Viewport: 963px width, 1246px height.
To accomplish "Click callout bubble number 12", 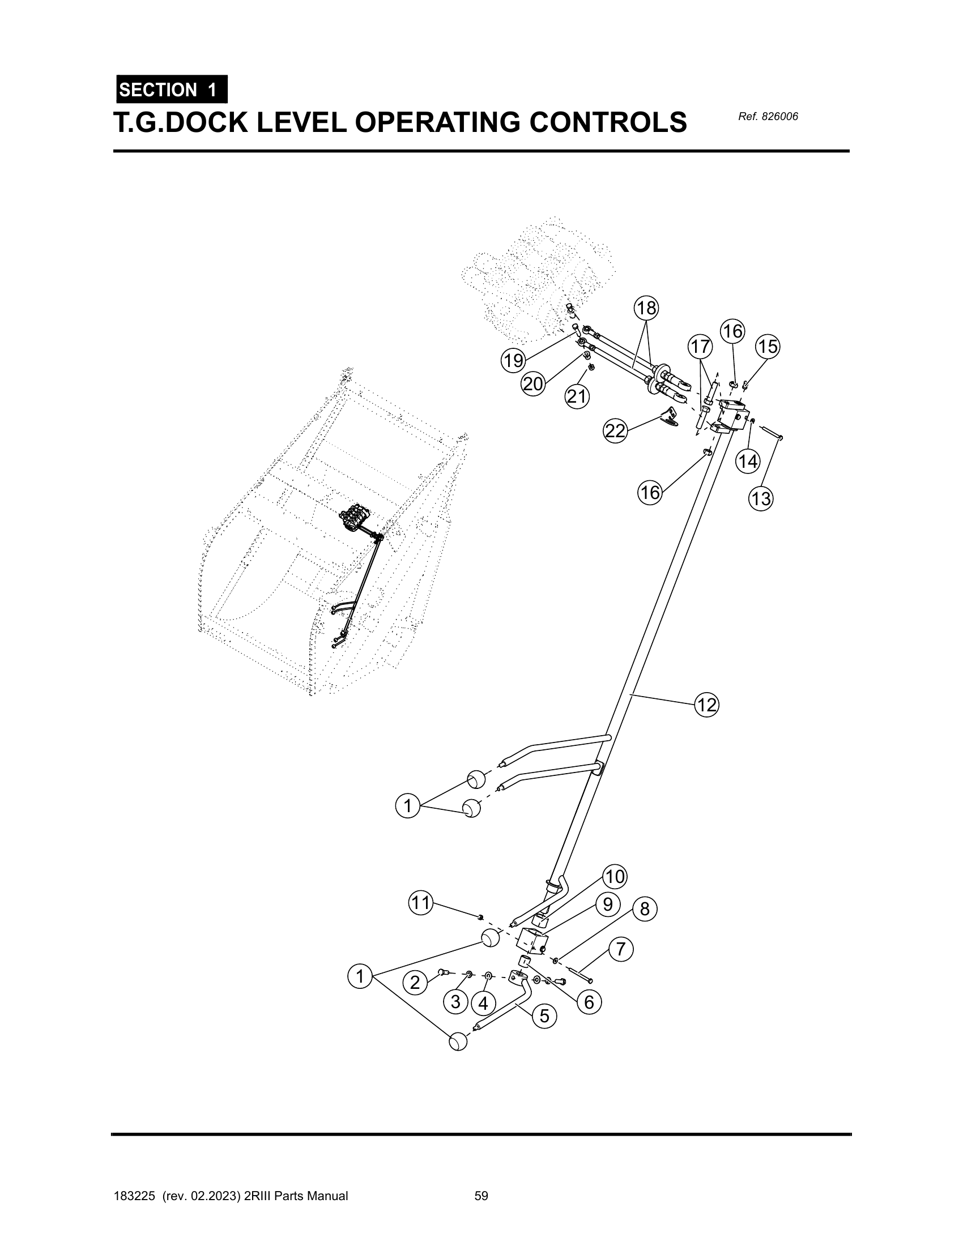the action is coord(707,706).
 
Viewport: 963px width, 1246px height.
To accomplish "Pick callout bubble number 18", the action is coord(646,308).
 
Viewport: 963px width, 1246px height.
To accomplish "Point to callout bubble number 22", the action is coord(616,432).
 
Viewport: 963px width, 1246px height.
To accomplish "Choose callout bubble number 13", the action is coord(760,499).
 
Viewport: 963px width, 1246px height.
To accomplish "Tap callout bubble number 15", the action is coord(768,347).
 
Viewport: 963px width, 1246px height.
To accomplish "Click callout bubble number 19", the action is coord(513,361).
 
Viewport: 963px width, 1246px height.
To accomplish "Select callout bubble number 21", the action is coord(577,396).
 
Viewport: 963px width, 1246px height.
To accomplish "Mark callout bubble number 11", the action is coord(420,903).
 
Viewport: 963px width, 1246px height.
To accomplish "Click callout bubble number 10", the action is coord(615,876).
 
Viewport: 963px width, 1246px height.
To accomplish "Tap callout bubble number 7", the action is coord(621,949).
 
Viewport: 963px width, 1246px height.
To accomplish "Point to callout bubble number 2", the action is coord(415,983).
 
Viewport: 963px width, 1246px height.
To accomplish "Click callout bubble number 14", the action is coord(748,461).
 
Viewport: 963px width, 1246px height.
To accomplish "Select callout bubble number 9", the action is coord(608,904).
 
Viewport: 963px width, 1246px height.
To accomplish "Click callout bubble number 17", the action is coord(700,346).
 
